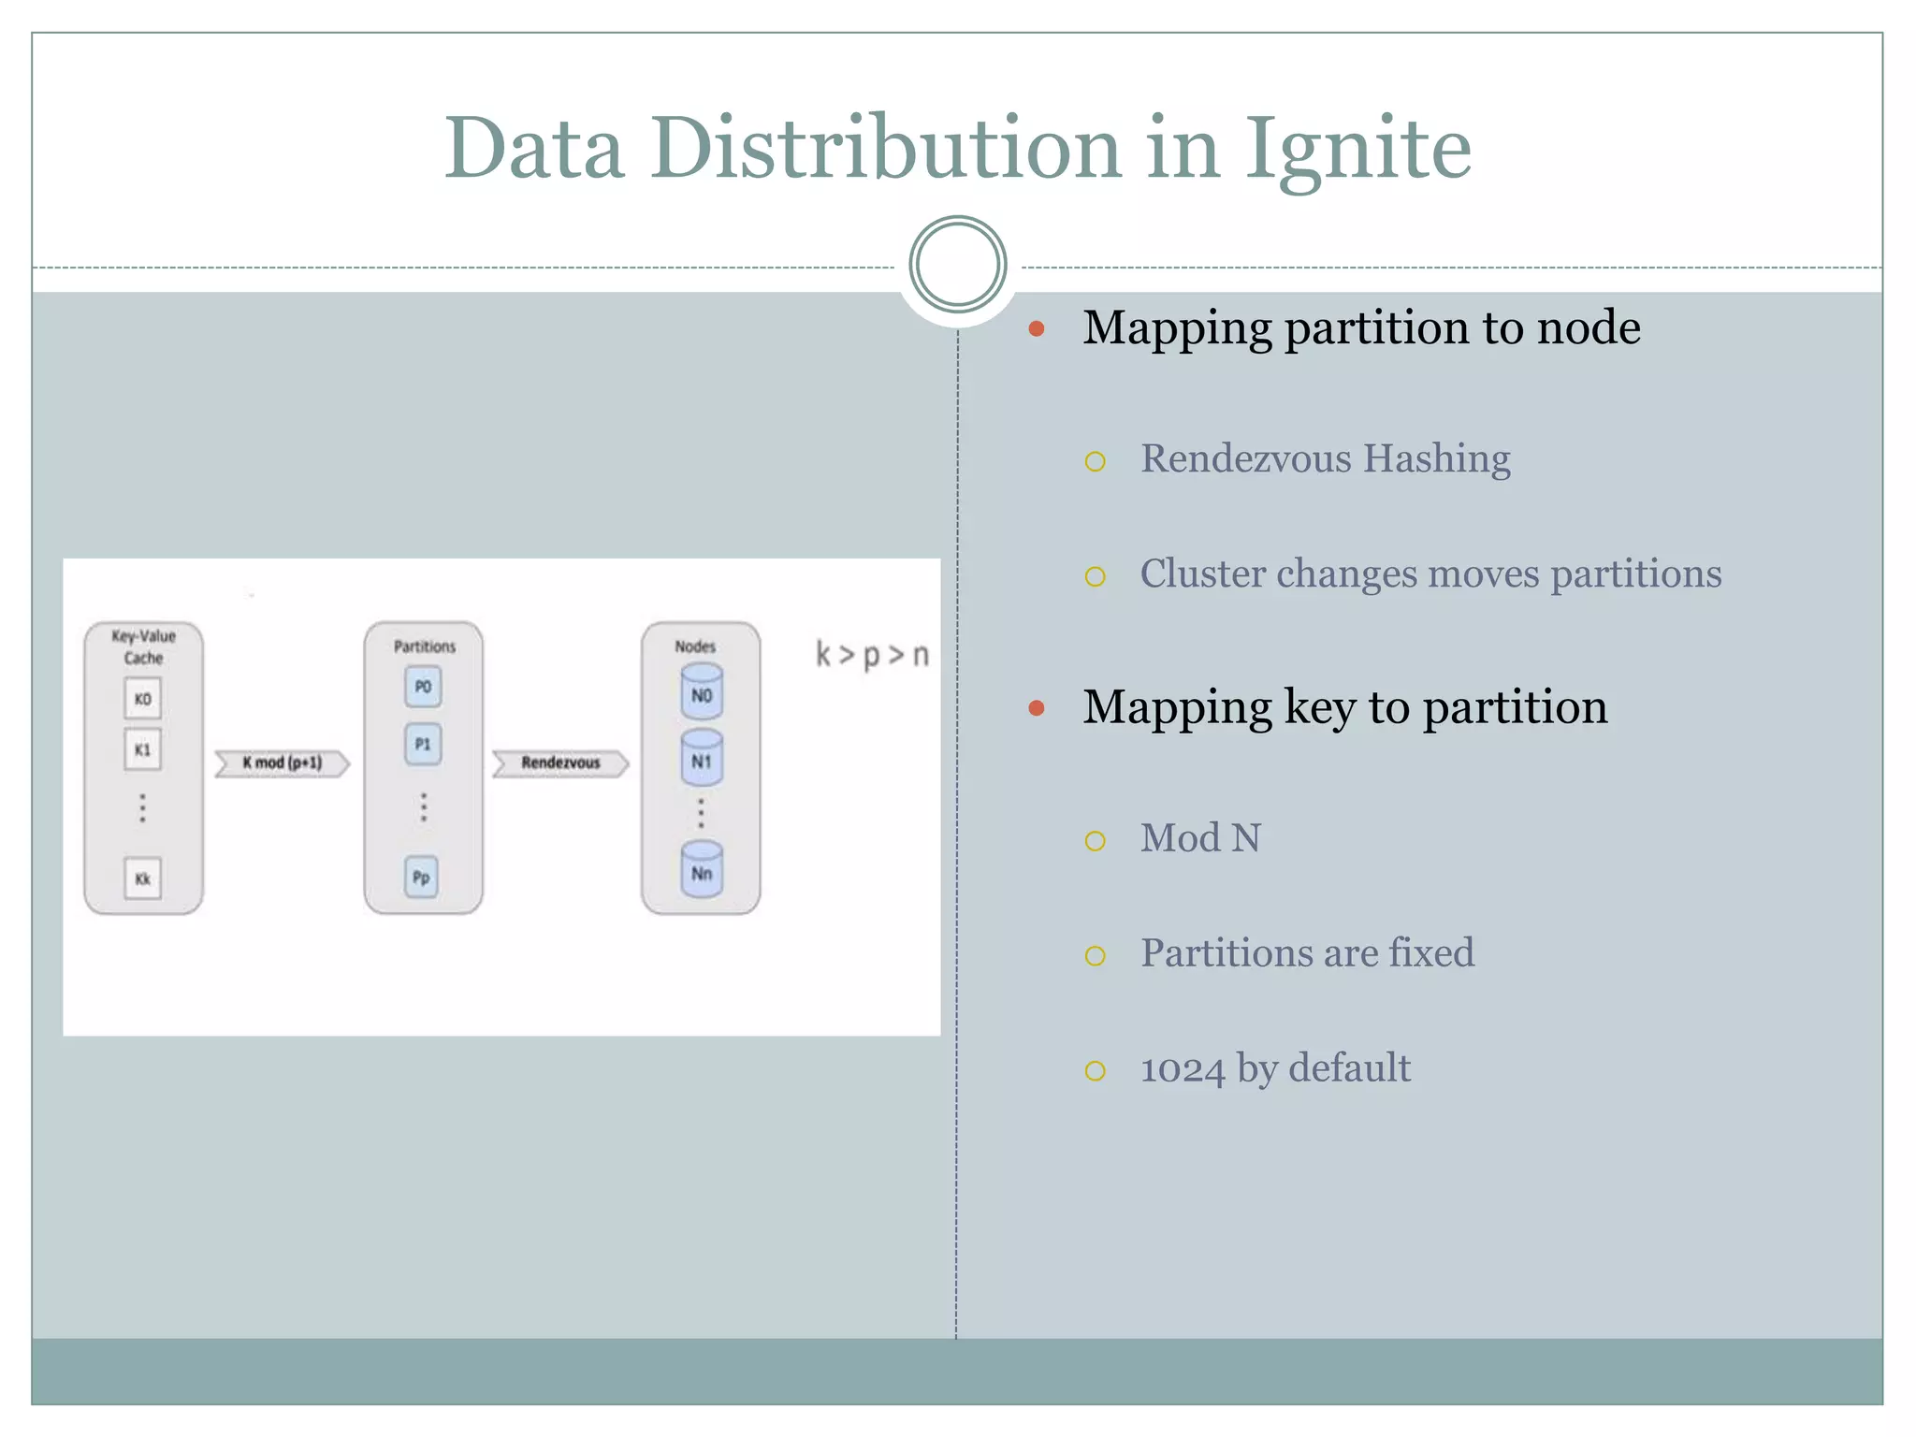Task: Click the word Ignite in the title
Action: click(1357, 150)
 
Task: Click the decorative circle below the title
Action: click(957, 265)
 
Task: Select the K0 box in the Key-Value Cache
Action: click(142, 699)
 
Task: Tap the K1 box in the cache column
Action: click(142, 749)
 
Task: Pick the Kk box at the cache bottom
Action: click(142, 878)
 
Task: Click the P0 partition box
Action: click(423, 687)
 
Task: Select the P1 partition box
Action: click(423, 745)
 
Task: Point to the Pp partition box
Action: click(421, 878)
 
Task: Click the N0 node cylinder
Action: click(702, 693)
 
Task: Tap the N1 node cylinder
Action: click(702, 758)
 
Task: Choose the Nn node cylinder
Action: click(702, 870)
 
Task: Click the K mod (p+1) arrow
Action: click(282, 763)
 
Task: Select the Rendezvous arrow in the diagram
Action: click(560, 763)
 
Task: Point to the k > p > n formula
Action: click(872, 655)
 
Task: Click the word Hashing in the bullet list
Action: click(1436, 459)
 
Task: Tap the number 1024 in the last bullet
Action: click(1183, 1069)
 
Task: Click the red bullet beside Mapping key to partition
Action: click(1036, 708)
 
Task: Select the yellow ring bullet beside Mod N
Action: click(1095, 841)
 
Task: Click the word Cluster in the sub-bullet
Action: click(1201, 573)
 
